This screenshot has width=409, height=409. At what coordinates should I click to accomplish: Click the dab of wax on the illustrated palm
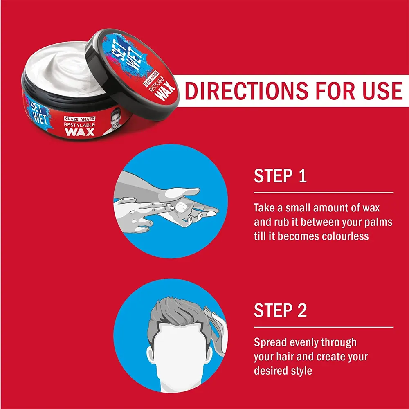coord(180,207)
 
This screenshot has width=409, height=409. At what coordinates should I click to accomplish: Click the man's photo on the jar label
coord(115,121)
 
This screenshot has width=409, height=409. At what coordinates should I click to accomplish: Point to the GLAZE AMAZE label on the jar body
coord(80,119)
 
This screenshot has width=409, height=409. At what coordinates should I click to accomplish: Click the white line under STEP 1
coord(324,193)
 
